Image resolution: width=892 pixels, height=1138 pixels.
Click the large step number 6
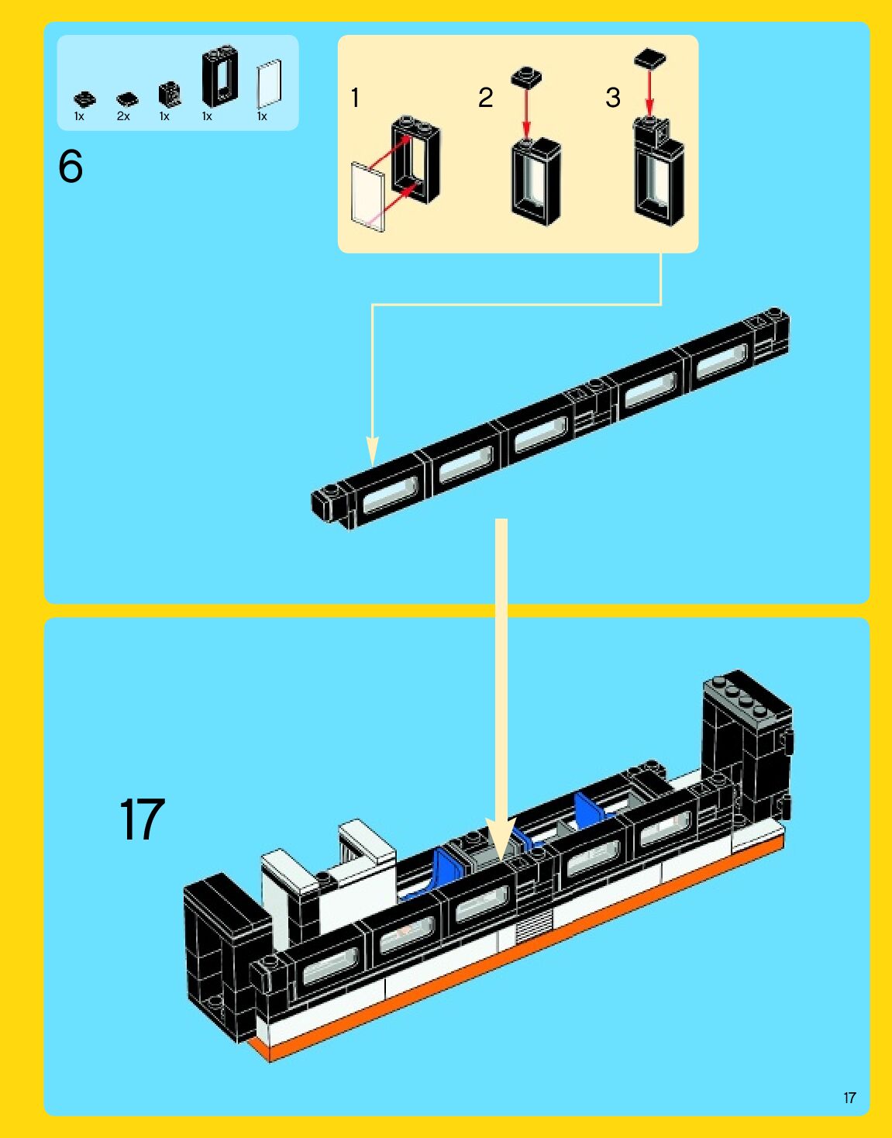[x=71, y=167]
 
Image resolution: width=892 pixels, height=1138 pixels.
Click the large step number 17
[x=142, y=819]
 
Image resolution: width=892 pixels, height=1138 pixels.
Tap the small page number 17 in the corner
[x=849, y=1098]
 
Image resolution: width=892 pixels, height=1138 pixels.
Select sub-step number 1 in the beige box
[x=355, y=98]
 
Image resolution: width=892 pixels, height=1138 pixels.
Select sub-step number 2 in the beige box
[x=485, y=98]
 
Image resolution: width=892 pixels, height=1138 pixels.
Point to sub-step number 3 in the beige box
[x=613, y=98]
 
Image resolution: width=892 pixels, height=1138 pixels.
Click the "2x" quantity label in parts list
[x=123, y=116]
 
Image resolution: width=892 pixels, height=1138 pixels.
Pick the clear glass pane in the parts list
[x=269, y=84]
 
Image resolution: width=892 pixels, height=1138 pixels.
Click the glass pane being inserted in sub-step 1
[x=367, y=196]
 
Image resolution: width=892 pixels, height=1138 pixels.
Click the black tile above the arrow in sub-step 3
[x=650, y=58]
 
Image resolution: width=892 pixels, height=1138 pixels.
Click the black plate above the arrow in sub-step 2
[x=526, y=77]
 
